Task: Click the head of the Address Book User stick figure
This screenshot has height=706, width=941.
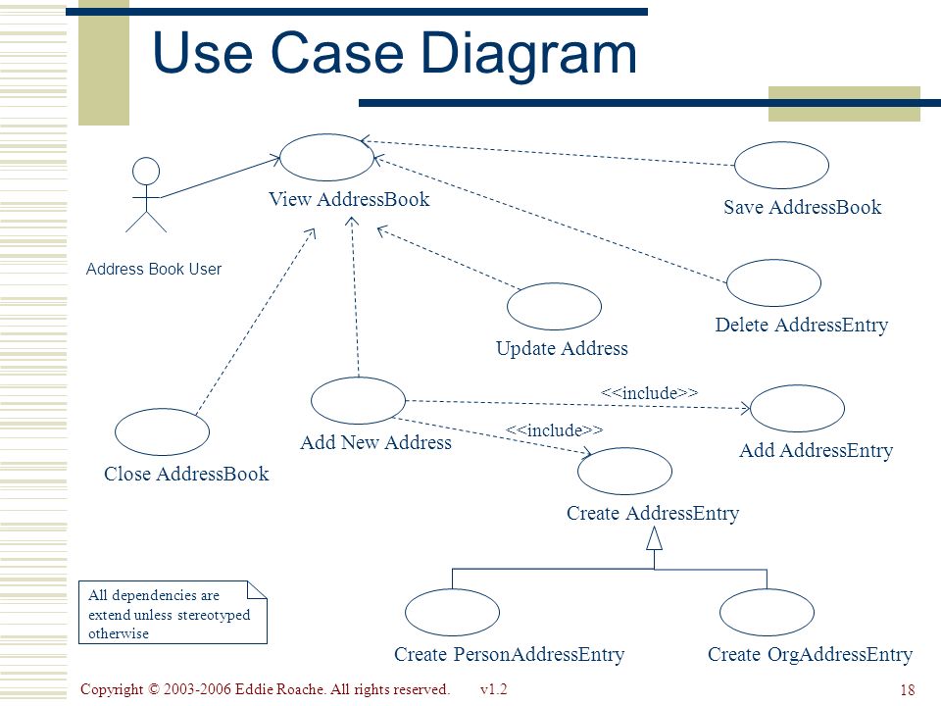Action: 146,171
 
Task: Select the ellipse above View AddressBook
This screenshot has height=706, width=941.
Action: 327,134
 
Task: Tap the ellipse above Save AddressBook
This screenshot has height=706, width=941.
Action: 781,142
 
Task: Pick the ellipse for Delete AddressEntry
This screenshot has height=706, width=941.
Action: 773,260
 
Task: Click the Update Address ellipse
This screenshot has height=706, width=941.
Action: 554,283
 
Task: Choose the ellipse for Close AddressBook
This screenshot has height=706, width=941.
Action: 162,409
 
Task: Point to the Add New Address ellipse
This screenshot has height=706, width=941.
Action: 359,378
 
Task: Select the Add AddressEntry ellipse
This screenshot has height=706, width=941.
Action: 797,385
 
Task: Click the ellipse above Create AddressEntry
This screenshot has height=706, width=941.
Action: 624,448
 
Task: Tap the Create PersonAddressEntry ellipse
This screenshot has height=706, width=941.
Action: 452,589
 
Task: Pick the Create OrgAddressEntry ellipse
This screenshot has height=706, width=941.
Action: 767,589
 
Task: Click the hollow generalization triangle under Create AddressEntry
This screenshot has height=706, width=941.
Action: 654,539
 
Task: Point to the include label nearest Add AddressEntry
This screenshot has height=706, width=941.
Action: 649,393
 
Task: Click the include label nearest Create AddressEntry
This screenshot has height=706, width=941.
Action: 554,430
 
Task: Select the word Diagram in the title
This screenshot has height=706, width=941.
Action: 528,54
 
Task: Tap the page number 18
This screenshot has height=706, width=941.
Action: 908,689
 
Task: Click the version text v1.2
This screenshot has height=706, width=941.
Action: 493,689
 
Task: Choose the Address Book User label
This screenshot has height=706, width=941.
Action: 154,269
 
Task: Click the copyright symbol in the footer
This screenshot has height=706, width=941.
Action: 154,689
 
